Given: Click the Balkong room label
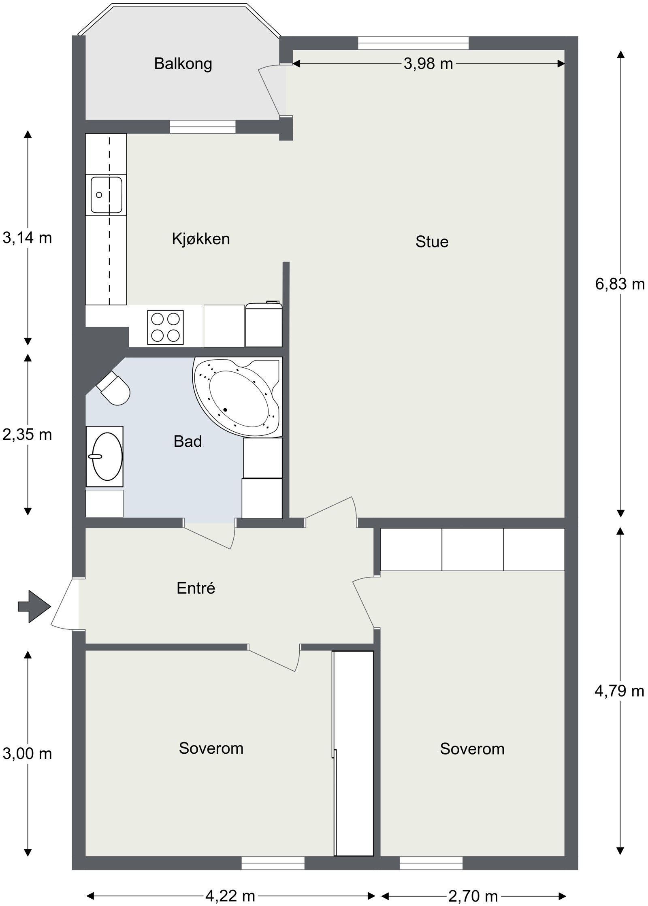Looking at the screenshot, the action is pos(183,64).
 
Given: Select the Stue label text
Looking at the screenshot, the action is pos(432,242).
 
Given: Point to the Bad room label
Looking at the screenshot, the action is pos(188,441).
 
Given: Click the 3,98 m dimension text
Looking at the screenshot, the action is pos(428,64).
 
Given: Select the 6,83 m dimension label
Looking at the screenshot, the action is pos(620,284).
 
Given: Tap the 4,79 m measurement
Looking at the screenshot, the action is pos(619,691).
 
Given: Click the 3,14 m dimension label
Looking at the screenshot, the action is pos(27,238).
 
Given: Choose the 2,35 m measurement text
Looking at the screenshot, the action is pos(27,435).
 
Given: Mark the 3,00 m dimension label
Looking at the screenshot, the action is pos(27,753).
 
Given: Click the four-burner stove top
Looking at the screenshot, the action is pos(165,327).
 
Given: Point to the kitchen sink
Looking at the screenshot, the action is pos(106,195).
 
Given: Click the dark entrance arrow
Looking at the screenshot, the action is pos(34,606).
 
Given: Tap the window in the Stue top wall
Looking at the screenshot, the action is pos(414,43).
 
